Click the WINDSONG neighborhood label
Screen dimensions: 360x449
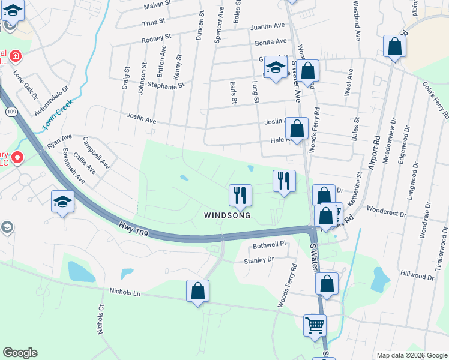coord(226,215)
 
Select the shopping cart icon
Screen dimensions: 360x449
coord(315,326)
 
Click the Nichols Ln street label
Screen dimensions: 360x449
coord(125,293)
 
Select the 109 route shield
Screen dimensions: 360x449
coord(11,112)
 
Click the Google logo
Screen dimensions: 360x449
coord(20,353)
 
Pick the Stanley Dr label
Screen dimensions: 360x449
coord(258,260)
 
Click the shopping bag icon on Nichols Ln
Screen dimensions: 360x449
coord(197,292)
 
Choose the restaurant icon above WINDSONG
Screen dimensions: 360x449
coord(240,194)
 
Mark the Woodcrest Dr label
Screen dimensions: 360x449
coord(387,212)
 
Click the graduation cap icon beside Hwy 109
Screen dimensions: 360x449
coord(63,203)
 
